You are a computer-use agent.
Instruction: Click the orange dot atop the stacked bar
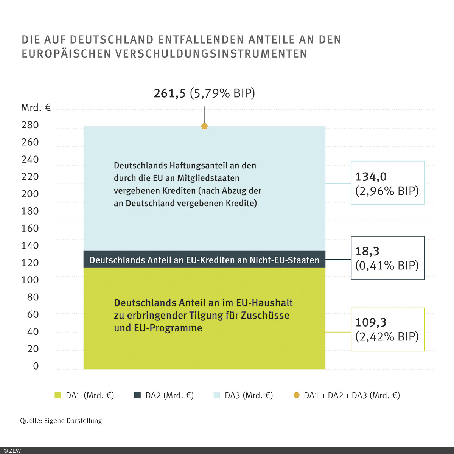click(205, 126)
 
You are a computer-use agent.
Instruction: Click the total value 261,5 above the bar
click(170, 93)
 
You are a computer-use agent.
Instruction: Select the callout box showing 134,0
click(387, 183)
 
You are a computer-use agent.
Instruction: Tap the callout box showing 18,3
click(387, 258)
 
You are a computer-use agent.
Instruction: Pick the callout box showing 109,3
click(387, 329)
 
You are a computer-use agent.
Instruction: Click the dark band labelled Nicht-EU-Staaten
click(204, 260)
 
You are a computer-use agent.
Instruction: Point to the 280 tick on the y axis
click(30, 125)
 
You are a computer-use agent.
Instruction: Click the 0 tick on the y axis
click(36, 366)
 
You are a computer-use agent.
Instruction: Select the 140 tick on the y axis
click(30, 246)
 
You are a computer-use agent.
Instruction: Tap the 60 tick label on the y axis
click(33, 314)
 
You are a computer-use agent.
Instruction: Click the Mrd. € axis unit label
click(36, 108)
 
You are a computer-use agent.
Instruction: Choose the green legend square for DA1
click(58, 395)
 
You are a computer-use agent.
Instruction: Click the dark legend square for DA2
click(137, 395)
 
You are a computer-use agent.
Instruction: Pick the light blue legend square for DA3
click(217, 395)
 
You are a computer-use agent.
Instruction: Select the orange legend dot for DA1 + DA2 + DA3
click(296, 395)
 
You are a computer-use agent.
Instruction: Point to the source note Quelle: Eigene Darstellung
click(61, 421)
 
